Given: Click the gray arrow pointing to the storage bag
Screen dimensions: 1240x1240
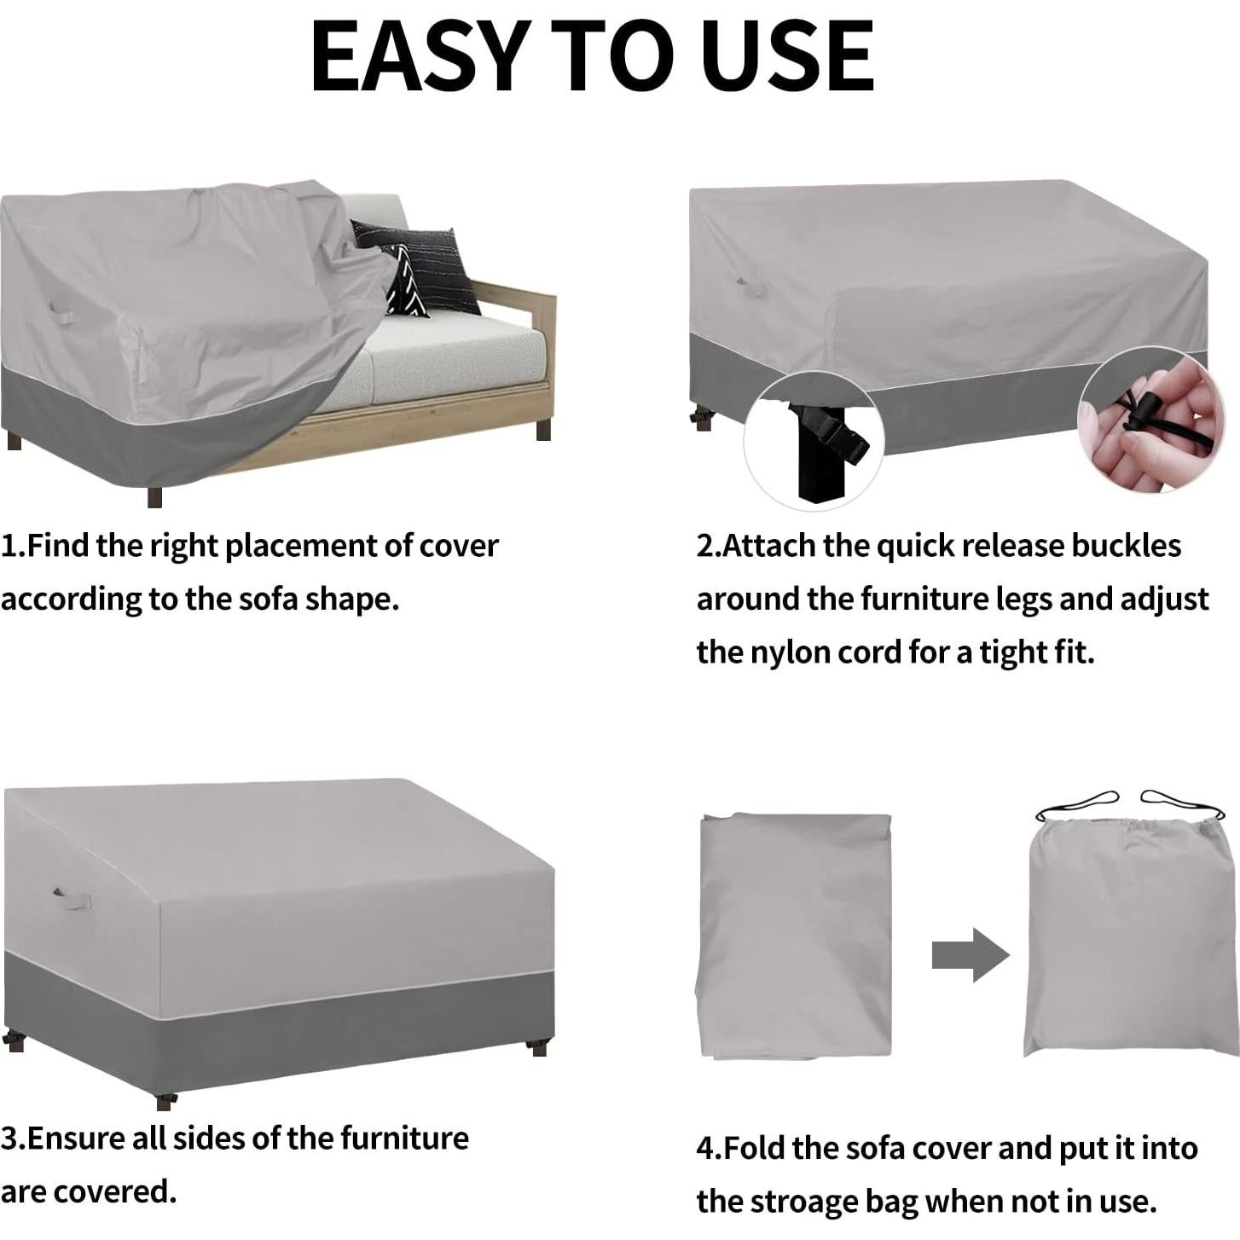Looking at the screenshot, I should click(x=970, y=954).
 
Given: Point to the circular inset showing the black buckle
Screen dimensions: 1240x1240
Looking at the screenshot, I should click(x=814, y=441).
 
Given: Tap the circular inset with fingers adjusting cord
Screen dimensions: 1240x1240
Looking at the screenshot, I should click(x=1151, y=419).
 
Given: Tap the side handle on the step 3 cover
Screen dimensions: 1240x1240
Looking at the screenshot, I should click(x=72, y=898).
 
